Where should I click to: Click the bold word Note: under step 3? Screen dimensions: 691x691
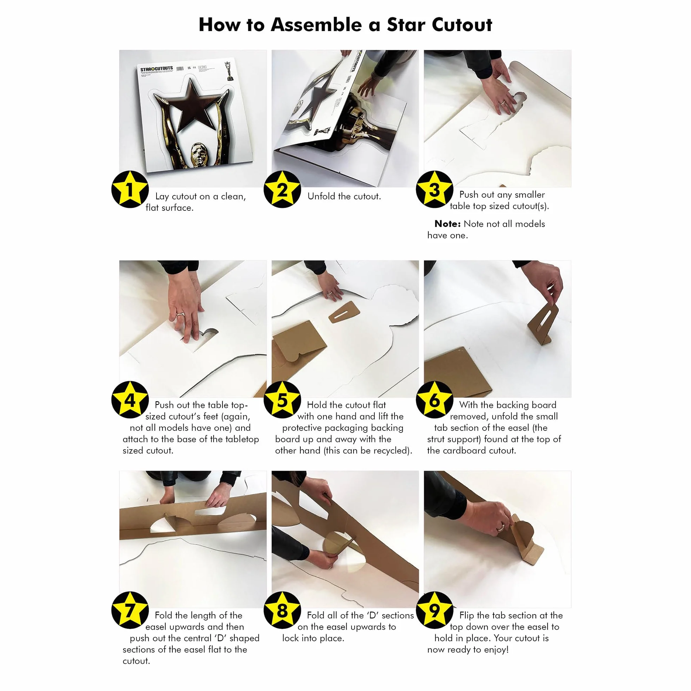click(447, 224)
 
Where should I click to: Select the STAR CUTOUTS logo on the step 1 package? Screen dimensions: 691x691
click(156, 69)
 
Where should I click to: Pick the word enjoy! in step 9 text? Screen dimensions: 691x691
click(496, 649)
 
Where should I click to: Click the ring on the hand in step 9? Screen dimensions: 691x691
click(501, 527)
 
